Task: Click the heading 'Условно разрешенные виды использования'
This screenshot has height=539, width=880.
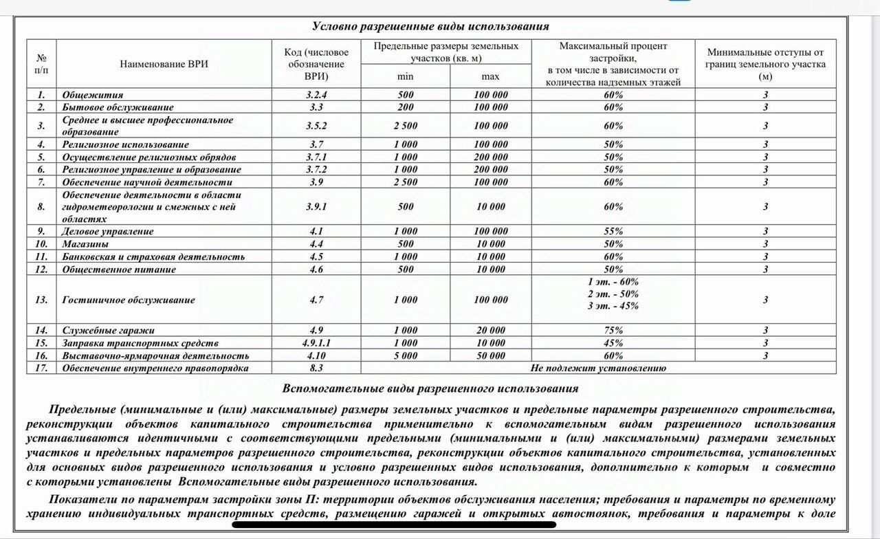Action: tap(430, 26)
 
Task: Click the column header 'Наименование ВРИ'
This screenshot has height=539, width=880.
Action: tap(164, 64)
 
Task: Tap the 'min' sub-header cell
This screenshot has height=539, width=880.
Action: tap(406, 76)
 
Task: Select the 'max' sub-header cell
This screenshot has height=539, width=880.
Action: tap(490, 76)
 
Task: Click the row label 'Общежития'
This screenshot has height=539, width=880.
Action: tap(93, 95)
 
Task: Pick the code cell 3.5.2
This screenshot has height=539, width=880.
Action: tap(316, 126)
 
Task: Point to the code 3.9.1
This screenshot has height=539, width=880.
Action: tap(316, 207)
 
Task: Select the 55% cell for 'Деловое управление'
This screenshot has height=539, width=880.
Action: tap(613, 232)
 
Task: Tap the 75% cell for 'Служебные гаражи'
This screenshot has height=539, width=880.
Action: tap(613, 330)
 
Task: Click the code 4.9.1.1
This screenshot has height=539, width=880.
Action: tap(316, 343)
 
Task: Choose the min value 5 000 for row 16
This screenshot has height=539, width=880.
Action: tap(406, 355)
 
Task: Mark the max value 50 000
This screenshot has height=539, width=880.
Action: tap(490, 355)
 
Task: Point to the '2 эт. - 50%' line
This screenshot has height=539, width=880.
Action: tap(613, 294)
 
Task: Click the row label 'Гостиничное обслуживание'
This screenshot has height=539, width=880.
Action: tap(129, 300)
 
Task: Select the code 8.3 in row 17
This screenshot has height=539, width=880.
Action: tap(316, 368)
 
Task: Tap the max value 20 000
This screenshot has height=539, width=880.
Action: tap(490, 330)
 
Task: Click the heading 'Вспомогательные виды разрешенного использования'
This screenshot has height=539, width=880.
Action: tap(430, 389)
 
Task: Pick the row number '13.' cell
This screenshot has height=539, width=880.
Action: tap(42, 300)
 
